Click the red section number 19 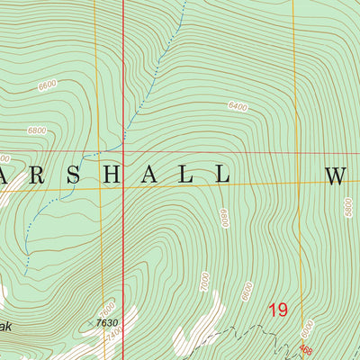[x=277, y=310]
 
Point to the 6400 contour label [x=238, y=106]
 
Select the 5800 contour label [x=348, y=209]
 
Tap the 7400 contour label [x=112, y=334]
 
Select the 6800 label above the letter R [x=37, y=130]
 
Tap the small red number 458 [x=306, y=351]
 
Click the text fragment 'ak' [x=5, y=328]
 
